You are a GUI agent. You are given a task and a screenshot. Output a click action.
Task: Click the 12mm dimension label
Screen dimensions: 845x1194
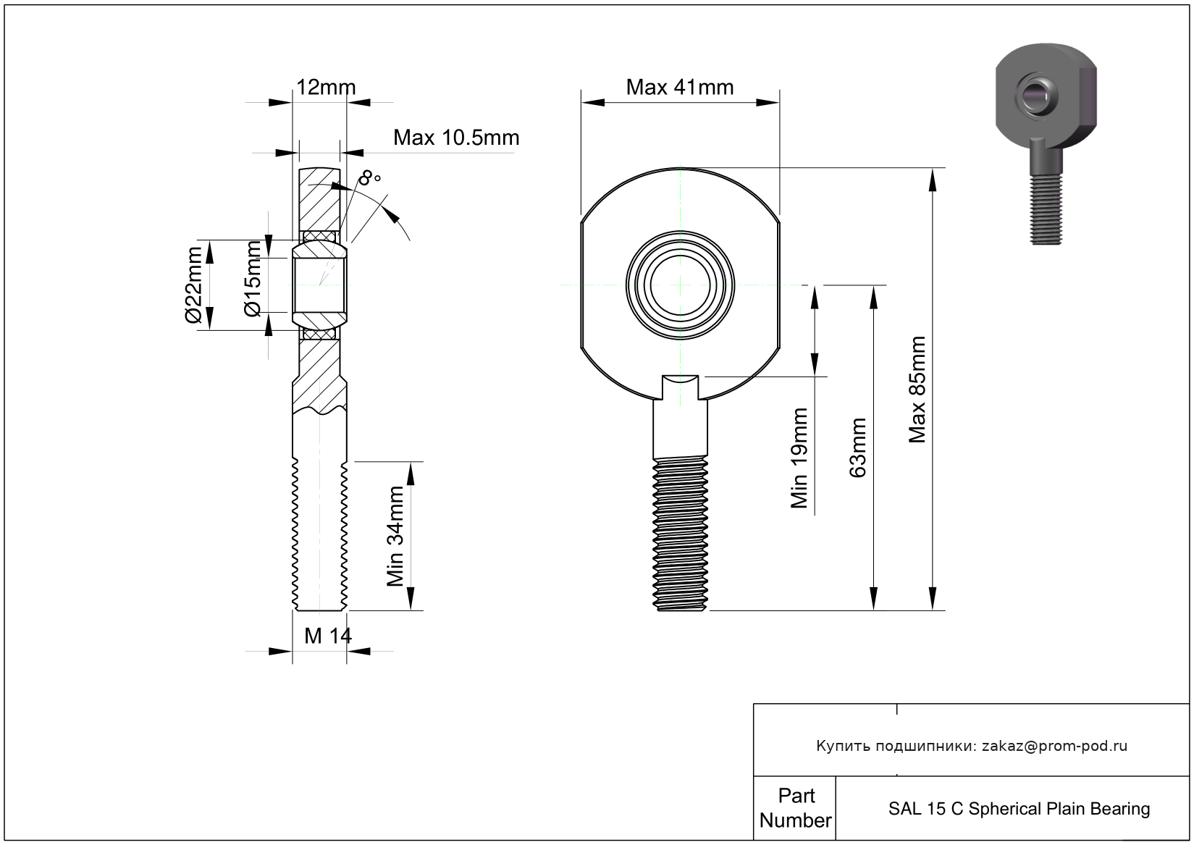(x=326, y=88)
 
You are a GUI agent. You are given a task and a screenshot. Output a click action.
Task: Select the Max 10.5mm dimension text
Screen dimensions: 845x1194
(x=456, y=138)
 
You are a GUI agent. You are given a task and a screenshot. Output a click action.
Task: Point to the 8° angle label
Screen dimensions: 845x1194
(x=369, y=177)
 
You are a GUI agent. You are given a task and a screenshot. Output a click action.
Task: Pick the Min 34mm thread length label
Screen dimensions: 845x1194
(x=395, y=536)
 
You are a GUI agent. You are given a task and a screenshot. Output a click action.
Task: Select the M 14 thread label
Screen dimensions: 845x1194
(x=327, y=636)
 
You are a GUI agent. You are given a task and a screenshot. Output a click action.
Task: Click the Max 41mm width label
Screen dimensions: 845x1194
(x=679, y=88)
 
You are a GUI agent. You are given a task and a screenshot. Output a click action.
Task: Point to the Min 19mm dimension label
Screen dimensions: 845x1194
(x=799, y=458)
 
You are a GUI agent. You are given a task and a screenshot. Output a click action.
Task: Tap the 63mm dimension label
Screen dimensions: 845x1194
(x=857, y=447)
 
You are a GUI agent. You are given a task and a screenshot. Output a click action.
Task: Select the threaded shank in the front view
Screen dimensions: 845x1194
(x=681, y=532)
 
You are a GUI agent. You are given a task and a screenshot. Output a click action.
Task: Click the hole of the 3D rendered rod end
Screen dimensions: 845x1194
(x=1038, y=94)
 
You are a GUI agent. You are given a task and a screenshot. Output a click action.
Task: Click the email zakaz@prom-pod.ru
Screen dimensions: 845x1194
(x=1054, y=746)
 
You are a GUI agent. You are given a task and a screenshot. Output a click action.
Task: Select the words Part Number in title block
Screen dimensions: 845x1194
(x=795, y=808)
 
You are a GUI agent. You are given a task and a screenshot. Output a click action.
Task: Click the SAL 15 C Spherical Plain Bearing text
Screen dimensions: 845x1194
(x=1019, y=809)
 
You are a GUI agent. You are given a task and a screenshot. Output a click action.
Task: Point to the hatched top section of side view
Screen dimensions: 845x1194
(x=319, y=199)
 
